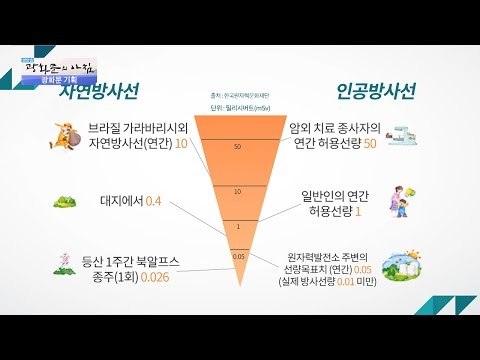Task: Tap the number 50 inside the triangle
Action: coord(237,146)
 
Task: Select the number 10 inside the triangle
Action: coord(237,190)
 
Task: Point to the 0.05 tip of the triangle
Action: coord(237,257)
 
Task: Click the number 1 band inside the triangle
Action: coord(237,227)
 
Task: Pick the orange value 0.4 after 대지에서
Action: coord(153,201)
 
